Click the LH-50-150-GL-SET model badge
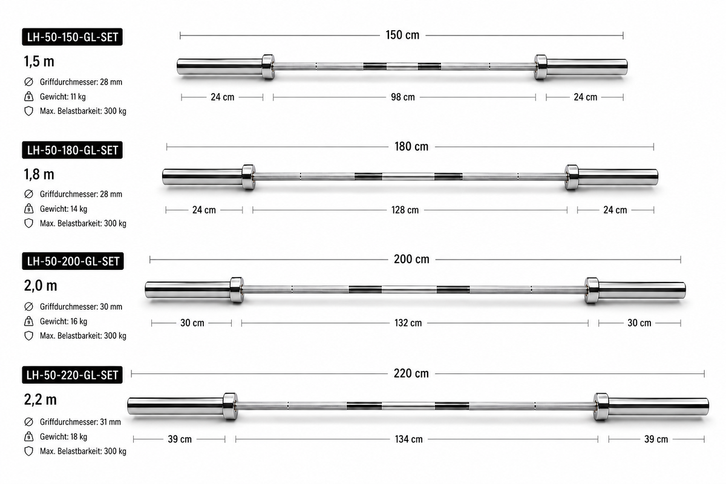(72, 37)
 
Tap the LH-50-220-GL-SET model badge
(72, 375)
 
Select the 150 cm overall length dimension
(402, 35)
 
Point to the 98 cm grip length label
(402, 97)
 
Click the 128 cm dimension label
(405, 210)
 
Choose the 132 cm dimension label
(408, 323)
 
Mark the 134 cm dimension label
(409, 439)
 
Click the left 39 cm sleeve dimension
(180, 439)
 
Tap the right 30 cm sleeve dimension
(639, 323)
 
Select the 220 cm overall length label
(411, 373)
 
